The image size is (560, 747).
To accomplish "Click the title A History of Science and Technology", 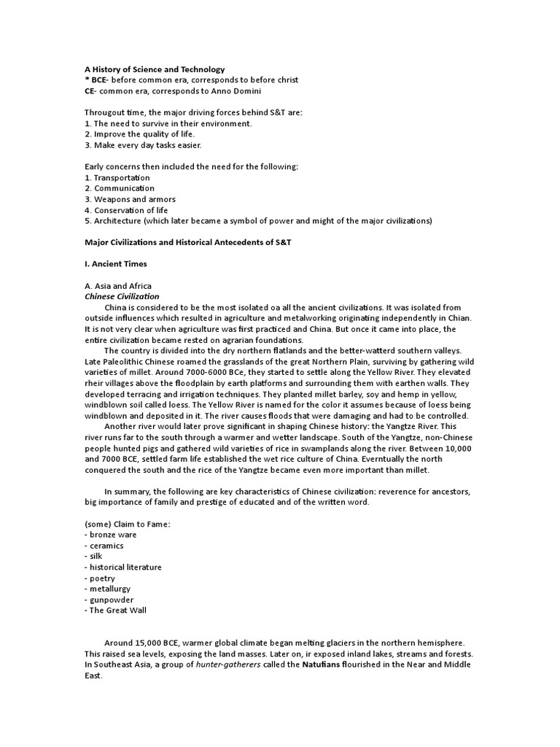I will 155,69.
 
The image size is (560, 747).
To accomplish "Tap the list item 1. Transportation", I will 117,177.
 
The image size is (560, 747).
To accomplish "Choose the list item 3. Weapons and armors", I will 130,199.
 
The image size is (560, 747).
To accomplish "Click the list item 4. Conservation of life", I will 126,210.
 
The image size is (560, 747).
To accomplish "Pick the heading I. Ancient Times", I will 116,264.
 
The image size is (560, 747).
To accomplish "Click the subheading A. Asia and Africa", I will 117,286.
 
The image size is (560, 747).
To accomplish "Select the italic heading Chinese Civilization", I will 122,297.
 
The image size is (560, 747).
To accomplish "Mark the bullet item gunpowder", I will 112,600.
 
